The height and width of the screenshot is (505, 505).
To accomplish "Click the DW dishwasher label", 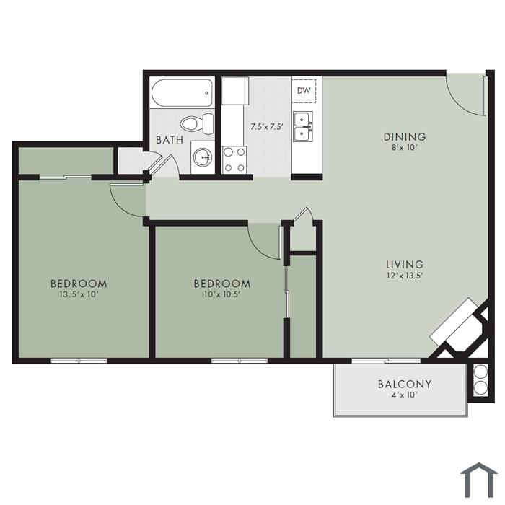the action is click(304, 90).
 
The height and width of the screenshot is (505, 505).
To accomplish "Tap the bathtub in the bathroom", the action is click(182, 93).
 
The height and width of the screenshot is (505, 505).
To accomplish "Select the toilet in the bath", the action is click(197, 123).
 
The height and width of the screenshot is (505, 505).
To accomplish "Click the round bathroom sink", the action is click(203, 157).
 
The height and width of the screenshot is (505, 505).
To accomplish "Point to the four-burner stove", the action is click(234, 159).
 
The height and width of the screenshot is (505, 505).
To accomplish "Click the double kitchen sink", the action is click(303, 126).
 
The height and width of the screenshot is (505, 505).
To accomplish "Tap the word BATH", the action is click(170, 140).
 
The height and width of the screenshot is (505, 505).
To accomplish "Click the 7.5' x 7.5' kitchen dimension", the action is click(267, 126).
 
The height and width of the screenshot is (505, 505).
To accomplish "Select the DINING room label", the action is click(405, 137).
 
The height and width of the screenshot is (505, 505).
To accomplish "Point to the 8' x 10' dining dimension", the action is click(405, 148).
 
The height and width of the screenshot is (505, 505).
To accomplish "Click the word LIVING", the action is click(405, 265).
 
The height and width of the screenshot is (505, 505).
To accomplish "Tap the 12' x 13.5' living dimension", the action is click(405, 276).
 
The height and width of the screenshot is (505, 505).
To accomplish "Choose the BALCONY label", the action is click(405, 385).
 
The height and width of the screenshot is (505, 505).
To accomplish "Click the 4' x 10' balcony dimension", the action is click(405, 395).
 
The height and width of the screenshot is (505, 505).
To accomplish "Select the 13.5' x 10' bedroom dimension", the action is click(79, 294).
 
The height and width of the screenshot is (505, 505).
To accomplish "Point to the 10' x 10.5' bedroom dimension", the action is click(222, 294).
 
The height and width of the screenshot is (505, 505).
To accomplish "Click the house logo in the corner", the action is click(479, 480).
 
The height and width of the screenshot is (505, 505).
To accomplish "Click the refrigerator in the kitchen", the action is click(234, 90).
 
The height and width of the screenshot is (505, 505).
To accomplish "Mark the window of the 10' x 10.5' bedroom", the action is click(240, 361).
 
